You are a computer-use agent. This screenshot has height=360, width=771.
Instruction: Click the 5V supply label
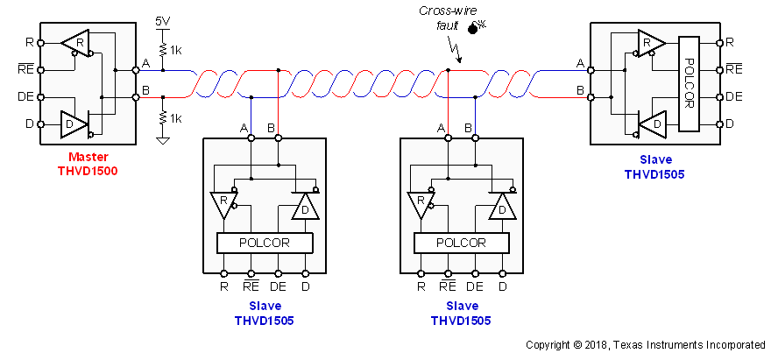[x=162, y=20]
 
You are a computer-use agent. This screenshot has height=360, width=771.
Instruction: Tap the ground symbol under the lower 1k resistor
[x=163, y=139]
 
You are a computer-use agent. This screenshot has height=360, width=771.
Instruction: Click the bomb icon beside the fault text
[x=476, y=28]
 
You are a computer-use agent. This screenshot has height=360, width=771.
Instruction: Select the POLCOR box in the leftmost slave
[x=264, y=243]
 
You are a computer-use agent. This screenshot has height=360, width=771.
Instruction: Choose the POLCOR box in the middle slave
[x=460, y=243]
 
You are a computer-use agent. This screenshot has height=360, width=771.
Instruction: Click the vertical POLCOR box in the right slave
[x=689, y=84]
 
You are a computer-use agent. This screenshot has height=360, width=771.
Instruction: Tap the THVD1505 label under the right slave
[x=654, y=174]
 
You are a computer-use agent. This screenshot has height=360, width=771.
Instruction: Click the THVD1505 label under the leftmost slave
[x=264, y=321]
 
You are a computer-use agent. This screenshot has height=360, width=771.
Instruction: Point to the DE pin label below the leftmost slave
[x=279, y=286]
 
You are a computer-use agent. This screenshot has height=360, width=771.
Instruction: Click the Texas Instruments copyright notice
[x=646, y=345]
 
